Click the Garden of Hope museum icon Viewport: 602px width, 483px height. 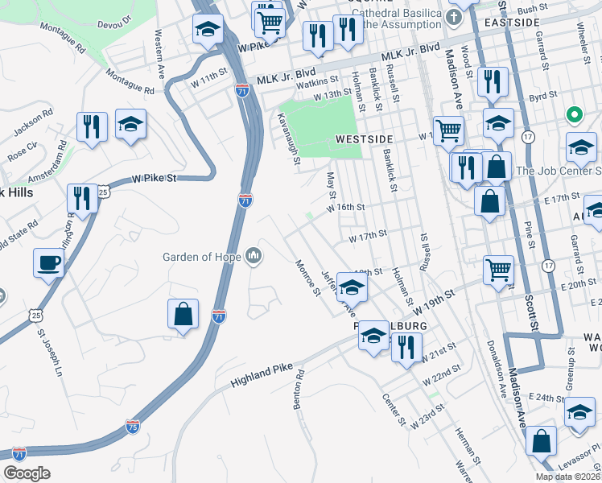[x=254, y=257]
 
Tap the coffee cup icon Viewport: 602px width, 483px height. [x=48, y=262]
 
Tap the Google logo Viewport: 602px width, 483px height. [x=27, y=473]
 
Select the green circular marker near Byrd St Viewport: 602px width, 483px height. [x=575, y=115]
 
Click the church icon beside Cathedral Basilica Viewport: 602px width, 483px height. [x=455, y=18]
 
